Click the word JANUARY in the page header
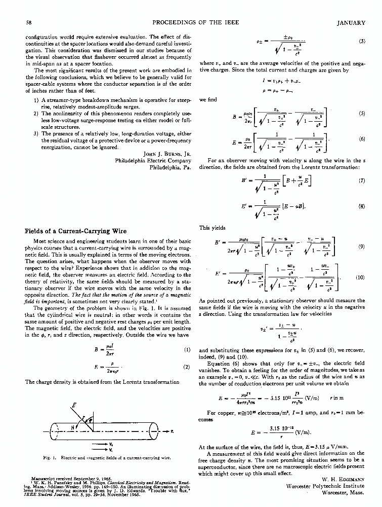[350, 23]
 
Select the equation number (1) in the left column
[187, 349]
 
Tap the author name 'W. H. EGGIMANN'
[344, 478]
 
